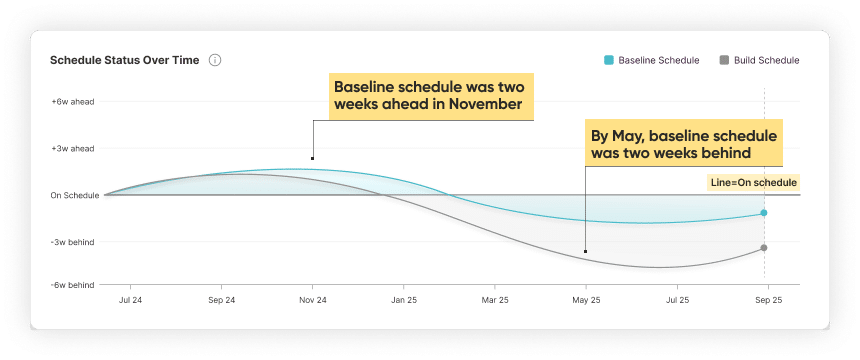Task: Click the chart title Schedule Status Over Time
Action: click(x=124, y=60)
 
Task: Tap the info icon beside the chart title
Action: click(x=215, y=60)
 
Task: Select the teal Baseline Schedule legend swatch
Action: click(x=609, y=60)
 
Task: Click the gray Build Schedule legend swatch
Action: click(x=724, y=60)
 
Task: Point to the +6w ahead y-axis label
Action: click(x=72, y=102)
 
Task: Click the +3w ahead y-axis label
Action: click(x=72, y=148)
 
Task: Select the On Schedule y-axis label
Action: click(x=75, y=195)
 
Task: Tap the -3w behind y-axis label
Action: click(x=72, y=242)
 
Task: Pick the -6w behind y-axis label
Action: click(x=72, y=285)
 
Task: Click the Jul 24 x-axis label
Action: click(x=131, y=299)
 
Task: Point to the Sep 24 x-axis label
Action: click(x=222, y=299)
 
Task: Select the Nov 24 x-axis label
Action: click(x=313, y=299)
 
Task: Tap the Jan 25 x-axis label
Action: click(x=404, y=299)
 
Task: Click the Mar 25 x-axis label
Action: click(x=495, y=299)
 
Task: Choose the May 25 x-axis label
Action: click(x=586, y=299)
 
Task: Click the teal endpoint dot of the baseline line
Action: click(x=764, y=213)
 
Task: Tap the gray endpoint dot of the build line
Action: click(x=764, y=248)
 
